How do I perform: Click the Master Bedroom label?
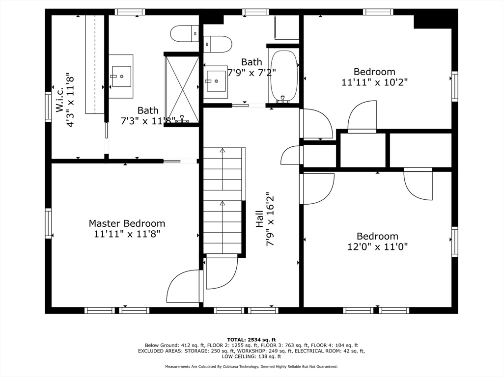tap(127, 223)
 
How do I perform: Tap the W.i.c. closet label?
tap(59, 101)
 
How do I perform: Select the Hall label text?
tap(259, 218)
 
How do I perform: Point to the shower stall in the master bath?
tap(182, 89)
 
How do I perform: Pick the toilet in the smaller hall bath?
tap(217, 44)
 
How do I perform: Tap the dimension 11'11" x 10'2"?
tap(374, 82)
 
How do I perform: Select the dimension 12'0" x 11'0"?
tap(377, 246)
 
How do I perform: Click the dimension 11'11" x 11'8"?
tap(127, 234)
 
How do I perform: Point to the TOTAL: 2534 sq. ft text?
tap(251, 339)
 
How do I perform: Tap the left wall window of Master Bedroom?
tap(49, 223)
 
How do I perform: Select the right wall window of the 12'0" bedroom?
tap(454, 242)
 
